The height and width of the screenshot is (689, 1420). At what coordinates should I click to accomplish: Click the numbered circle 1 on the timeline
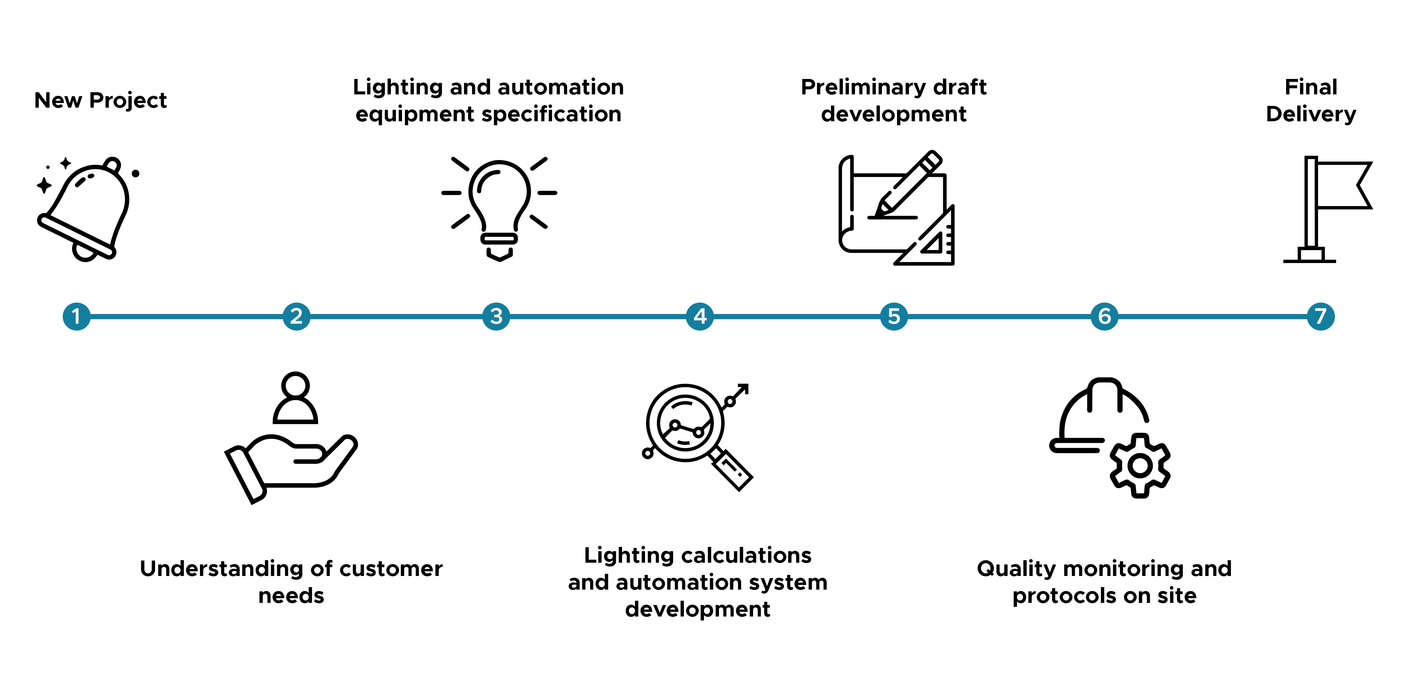coord(76,317)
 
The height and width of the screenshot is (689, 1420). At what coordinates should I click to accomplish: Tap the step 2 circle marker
coord(296,317)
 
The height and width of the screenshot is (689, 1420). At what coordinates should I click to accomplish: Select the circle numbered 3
coord(496,317)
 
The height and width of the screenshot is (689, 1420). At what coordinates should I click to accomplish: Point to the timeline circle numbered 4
coord(700,317)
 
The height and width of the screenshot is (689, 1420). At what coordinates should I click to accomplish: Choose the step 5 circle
coord(894,317)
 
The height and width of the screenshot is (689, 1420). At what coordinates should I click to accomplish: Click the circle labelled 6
coord(1105,317)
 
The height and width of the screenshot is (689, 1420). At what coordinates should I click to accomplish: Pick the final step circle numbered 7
coord(1321,317)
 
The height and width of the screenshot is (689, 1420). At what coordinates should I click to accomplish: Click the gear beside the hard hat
coord(1140,466)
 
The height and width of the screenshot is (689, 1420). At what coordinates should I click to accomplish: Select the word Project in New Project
coord(128,101)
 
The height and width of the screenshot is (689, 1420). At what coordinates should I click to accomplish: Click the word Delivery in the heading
coord(1311,114)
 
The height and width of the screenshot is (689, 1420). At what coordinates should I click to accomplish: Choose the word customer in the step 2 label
coord(391,569)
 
